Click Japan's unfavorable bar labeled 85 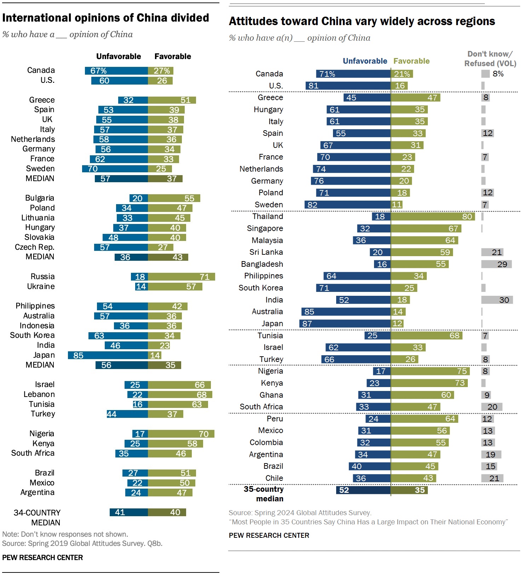coord(108,355)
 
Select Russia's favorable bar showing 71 coord(181,277)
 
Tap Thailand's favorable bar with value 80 coord(433,217)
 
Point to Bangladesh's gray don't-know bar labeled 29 coord(496,264)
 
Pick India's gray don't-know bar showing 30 coord(497,300)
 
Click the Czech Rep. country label coord(35,247)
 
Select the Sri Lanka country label coord(266,252)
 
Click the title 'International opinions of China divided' coord(105,18)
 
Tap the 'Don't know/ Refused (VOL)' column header coord(490,59)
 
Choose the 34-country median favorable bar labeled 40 coord(167,512)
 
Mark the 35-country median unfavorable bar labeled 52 coord(363,490)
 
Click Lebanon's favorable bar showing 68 coord(180,394)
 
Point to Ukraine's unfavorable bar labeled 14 coord(142,287)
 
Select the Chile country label coord(274,478)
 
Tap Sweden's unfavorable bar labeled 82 coord(347,205)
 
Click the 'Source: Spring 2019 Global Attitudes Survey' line coord(82,543)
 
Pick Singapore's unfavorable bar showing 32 coord(374,229)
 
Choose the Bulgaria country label coord(40,198)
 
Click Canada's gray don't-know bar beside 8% coord(485,74)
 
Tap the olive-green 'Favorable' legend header coord(412,61)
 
